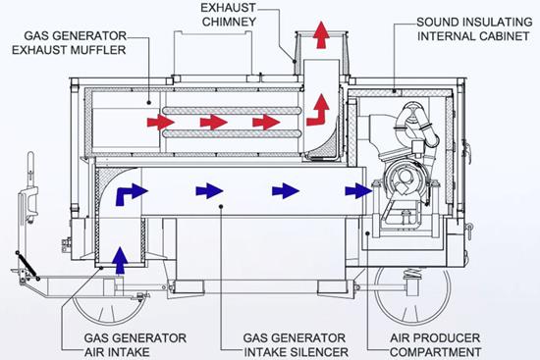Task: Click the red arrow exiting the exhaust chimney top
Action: point(321,34)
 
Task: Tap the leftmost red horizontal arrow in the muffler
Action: point(160,123)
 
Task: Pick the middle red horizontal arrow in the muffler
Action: point(213,123)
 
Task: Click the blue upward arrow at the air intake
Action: point(120,260)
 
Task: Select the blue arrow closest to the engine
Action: point(358,190)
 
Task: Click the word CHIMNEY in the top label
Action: point(229,22)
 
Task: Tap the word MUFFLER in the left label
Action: point(98,50)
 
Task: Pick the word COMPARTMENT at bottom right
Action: point(435,352)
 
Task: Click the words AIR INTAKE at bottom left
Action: point(117,352)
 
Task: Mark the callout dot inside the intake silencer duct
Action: point(222,207)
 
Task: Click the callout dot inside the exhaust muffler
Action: point(149,102)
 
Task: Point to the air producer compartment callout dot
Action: point(368,233)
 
